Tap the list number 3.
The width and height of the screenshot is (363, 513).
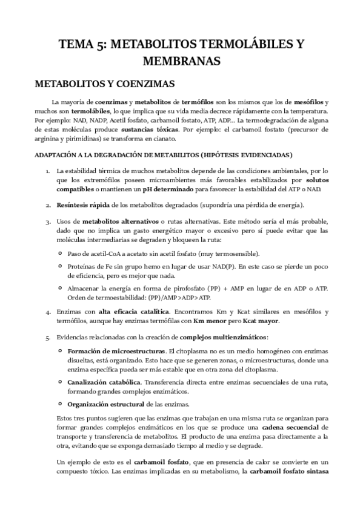[47, 222]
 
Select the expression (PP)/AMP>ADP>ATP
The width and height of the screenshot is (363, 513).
[181, 297]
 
